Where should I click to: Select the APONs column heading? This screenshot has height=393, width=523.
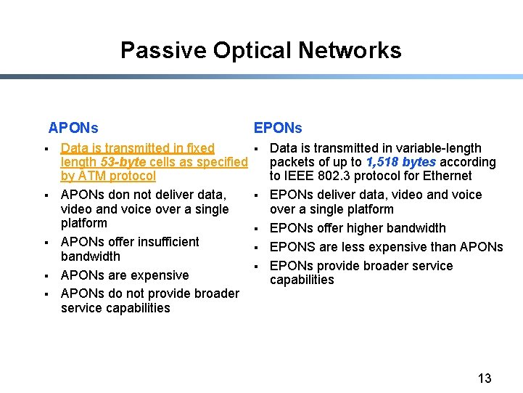coord(73,129)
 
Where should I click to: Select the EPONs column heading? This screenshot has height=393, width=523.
coord(278,129)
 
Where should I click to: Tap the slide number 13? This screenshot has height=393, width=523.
coord(485,378)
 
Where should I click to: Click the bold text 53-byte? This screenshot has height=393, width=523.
coord(123,162)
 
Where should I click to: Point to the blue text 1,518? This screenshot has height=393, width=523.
coord(382,162)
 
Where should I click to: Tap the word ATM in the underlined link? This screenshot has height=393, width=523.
coord(93,176)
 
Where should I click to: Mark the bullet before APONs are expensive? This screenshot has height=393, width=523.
coord(45,275)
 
